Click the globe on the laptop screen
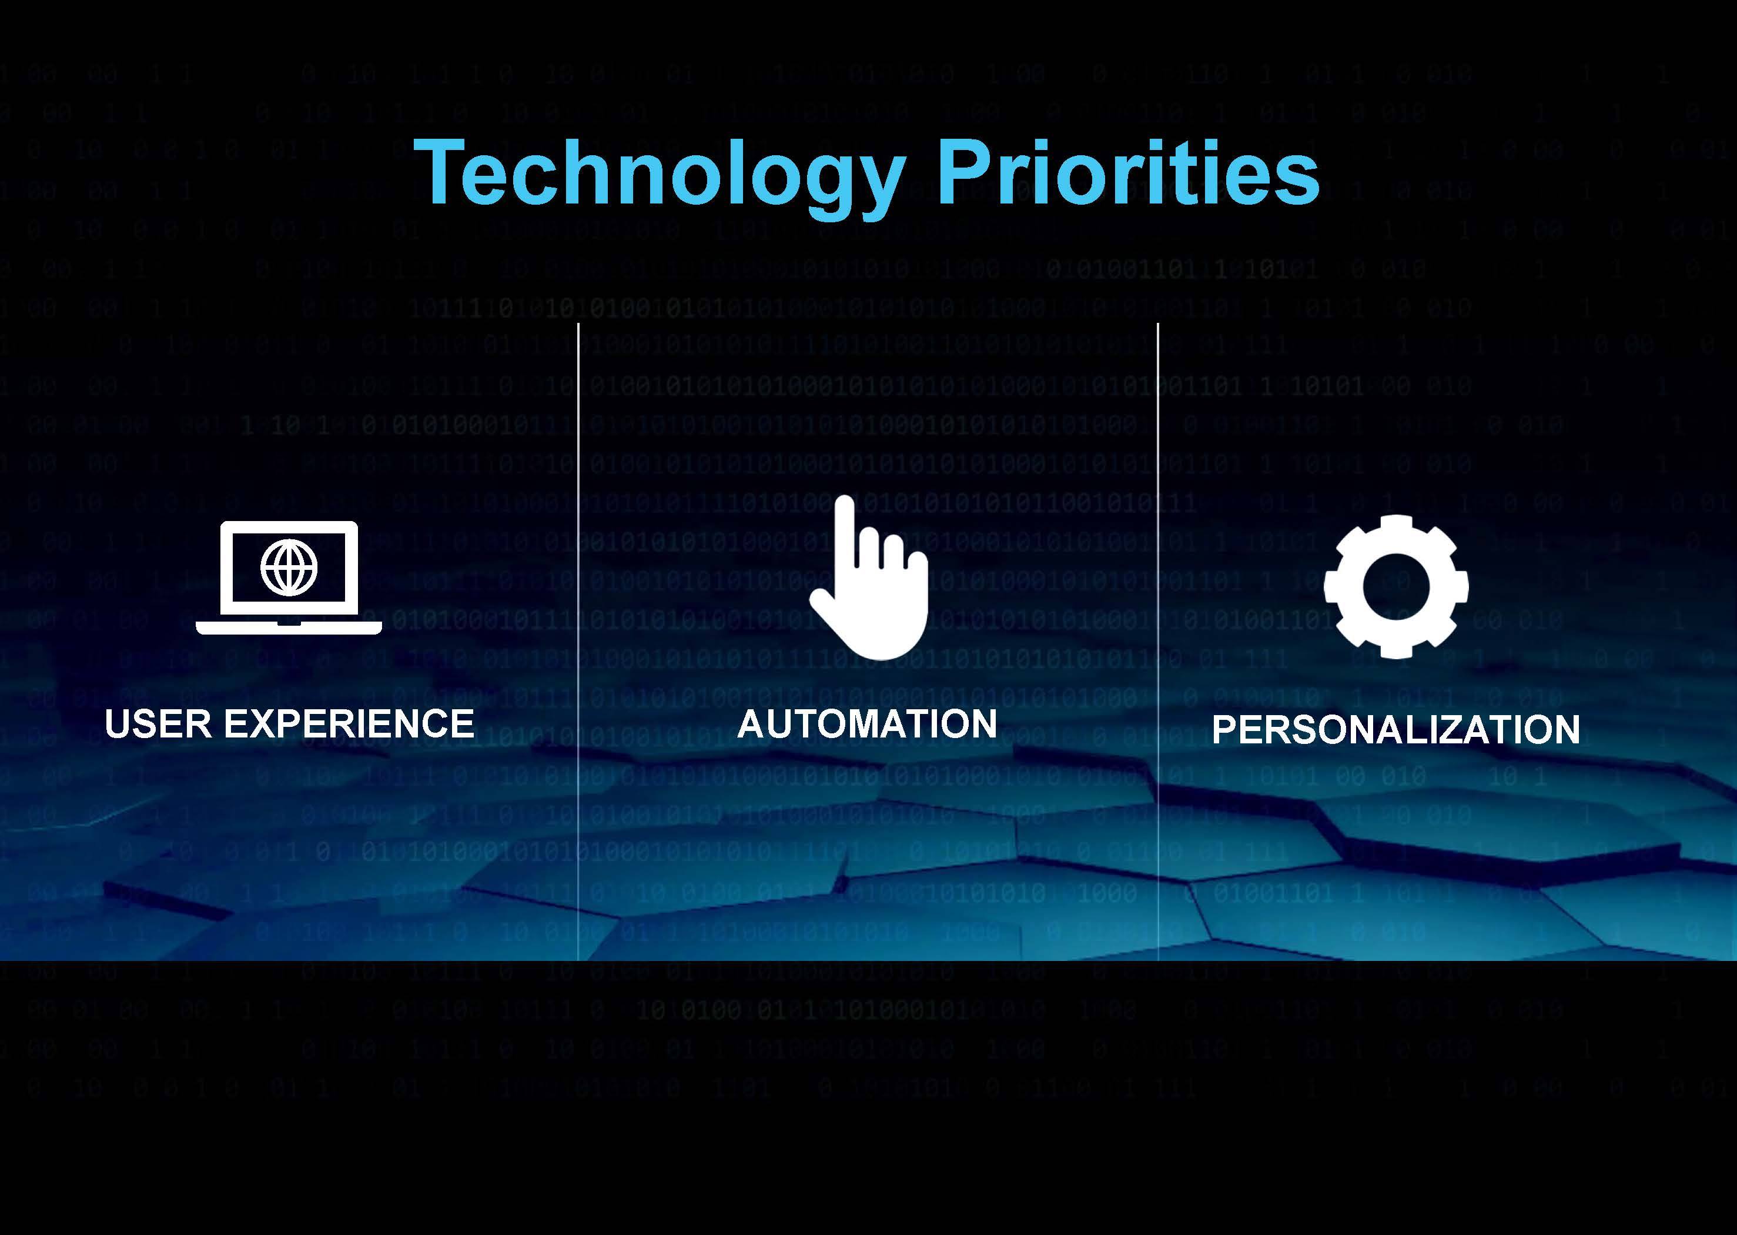(289, 566)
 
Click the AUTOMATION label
(868, 723)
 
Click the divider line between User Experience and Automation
(578, 641)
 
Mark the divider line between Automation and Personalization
(1158, 641)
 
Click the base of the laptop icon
(289, 628)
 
